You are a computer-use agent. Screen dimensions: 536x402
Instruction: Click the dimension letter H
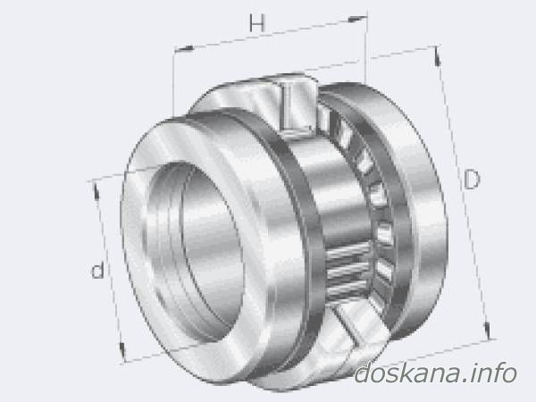pyautogui.click(x=256, y=23)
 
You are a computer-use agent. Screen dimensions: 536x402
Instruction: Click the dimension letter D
pyautogui.click(x=472, y=180)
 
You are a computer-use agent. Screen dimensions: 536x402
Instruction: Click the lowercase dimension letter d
pyautogui.click(x=97, y=271)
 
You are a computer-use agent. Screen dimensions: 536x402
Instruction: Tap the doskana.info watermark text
pyautogui.click(x=435, y=373)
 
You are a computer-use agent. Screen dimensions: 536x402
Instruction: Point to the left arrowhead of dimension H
pyautogui.click(x=183, y=49)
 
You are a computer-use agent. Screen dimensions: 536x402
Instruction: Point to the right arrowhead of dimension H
pyautogui.click(x=357, y=18)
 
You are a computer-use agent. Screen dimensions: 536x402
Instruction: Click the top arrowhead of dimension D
pyautogui.click(x=437, y=55)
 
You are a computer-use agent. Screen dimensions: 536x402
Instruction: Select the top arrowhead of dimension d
pyautogui.click(x=96, y=190)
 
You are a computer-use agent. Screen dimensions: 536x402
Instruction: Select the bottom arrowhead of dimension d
pyautogui.click(x=122, y=351)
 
